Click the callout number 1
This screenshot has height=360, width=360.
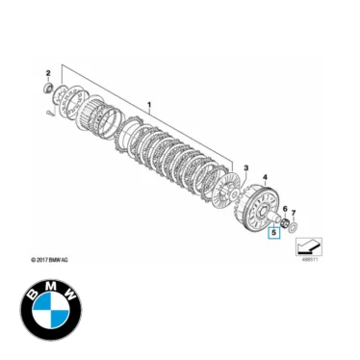coord(149,101)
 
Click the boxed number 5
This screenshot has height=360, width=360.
coord(274,232)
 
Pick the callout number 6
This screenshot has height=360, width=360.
coord(284,209)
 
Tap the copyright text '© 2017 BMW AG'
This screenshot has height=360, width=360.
coord(54,260)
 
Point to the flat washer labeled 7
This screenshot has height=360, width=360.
coord(296,227)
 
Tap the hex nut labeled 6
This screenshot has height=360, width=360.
coord(285,222)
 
